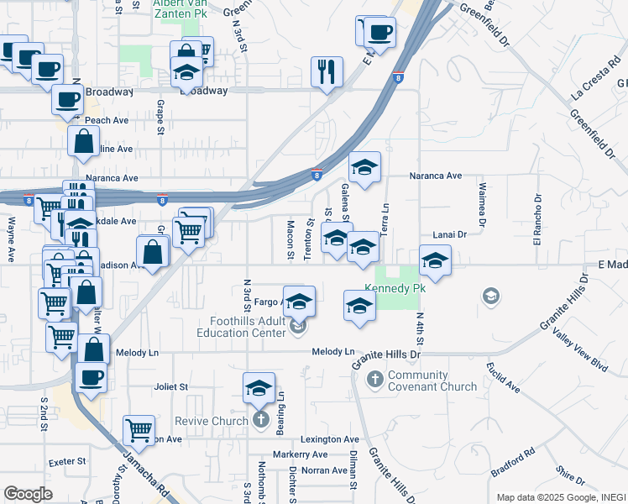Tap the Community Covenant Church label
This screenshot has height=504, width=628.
(432, 381)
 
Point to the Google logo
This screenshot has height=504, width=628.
(28, 493)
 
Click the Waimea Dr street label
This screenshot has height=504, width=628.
(482, 205)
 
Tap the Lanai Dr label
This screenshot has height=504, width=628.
(449, 235)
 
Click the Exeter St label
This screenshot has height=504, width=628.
(68, 461)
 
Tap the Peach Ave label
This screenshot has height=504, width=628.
(107, 120)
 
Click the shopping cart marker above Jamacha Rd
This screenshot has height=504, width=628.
(139, 430)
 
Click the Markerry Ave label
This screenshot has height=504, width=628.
(305, 454)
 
